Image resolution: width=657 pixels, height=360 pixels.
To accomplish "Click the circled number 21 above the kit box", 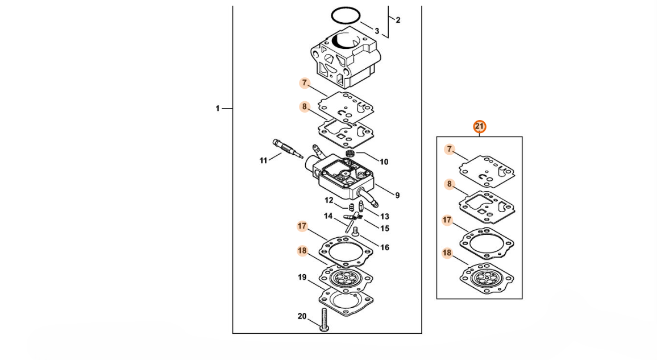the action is click(x=479, y=127).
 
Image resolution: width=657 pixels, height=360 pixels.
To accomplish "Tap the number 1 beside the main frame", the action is click(x=218, y=109).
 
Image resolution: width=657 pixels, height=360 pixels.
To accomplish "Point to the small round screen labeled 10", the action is click(x=351, y=153).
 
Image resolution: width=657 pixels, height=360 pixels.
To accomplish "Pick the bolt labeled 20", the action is click(x=324, y=320).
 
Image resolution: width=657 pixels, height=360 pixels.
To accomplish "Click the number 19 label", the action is click(x=302, y=278).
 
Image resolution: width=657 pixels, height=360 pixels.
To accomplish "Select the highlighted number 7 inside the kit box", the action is click(x=450, y=149).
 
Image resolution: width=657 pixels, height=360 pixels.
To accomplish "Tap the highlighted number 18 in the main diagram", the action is click(x=302, y=251).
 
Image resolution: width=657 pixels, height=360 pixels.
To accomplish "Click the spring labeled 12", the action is click(x=351, y=206).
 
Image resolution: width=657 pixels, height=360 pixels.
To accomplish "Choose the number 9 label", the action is click(x=397, y=195).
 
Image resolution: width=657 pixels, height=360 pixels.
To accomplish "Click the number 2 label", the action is click(x=398, y=20).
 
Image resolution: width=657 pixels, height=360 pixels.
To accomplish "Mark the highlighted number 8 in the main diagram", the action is click(x=305, y=107).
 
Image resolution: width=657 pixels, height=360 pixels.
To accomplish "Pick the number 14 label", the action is click(x=328, y=216).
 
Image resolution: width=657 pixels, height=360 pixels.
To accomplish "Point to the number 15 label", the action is click(x=385, y=229).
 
